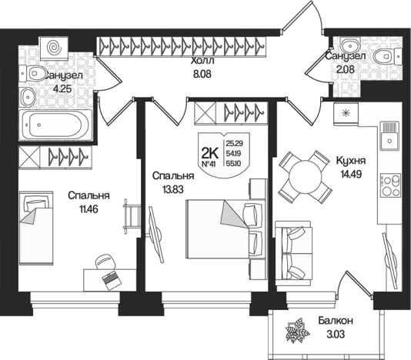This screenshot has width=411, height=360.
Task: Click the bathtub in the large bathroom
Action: coord(55,125)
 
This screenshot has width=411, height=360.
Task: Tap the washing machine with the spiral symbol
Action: coord(54,47)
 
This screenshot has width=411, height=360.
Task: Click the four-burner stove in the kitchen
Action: coord(390,185)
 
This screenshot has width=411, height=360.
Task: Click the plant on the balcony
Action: coord(297,331)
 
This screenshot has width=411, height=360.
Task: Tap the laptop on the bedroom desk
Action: coord(112,280)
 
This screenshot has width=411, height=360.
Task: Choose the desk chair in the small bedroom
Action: coord(105,262)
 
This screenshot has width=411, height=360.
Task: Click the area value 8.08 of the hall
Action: coord(202,74)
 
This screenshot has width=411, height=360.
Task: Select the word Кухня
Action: coord(351,160)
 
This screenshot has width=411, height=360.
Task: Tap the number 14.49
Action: coord(351,174)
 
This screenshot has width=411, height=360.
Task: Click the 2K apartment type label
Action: coord(209,153)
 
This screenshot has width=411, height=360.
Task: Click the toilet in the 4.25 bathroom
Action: coord(32,72)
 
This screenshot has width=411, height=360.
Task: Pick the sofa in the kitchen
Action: coord(293,253)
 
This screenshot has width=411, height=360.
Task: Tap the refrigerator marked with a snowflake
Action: coord(346,113)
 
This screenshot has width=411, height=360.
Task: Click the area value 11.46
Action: coord(89,209)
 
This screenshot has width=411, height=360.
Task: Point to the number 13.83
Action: coord(173,189)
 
